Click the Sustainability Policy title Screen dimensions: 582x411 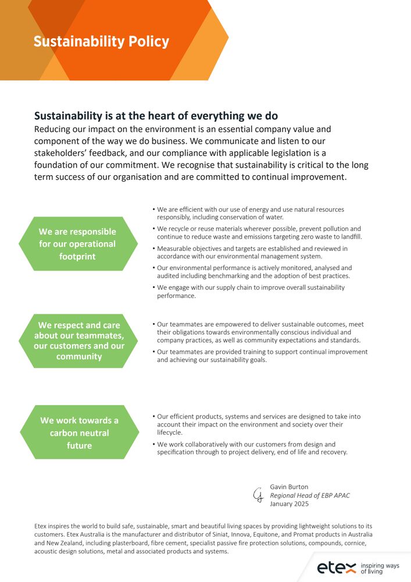click(101, 42)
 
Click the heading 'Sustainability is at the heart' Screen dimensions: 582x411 click(156, 116)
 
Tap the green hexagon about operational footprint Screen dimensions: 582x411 click(77, 244)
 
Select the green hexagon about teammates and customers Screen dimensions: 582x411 click(79, 341)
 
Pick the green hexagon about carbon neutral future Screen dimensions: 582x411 click(79, 433)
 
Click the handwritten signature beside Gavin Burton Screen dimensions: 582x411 click(258, 495)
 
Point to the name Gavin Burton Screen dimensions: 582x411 click(290, 487)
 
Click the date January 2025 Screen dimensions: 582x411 click(290, 504)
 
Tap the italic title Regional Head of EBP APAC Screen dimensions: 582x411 click(310, 495)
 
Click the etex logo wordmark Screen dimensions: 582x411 click(337, 567)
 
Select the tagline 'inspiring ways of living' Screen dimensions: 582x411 click(380, 568)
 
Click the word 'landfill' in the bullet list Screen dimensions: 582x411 click(351, 237)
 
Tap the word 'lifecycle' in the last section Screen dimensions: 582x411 click(170, 432)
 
